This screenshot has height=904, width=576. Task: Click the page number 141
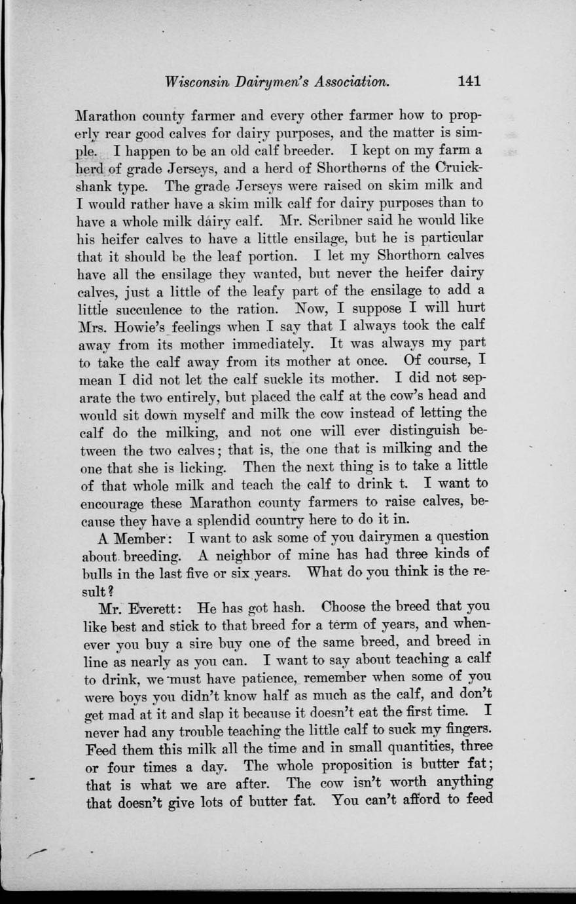469,81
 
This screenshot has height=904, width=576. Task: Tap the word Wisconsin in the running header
193,82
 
